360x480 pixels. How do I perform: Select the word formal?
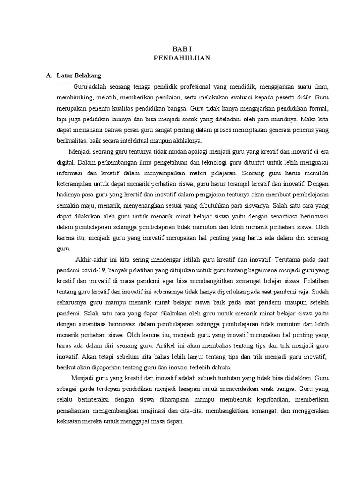pos(318,109)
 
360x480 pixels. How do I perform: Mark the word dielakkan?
pos(298,378)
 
